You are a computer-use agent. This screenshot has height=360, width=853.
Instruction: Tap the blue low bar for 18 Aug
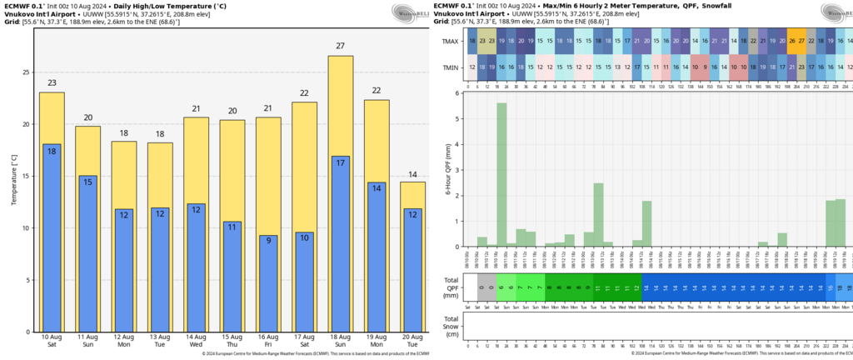(340, 250)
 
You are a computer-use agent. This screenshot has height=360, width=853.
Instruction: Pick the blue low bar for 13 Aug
(160, 275)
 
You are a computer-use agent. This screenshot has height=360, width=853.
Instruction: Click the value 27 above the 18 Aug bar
(340, 47)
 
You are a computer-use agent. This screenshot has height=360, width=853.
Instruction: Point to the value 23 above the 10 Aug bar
(52, 82)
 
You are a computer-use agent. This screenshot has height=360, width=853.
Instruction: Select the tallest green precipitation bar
(501, 174)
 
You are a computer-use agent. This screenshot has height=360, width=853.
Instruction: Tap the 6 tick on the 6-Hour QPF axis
(457, 92)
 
